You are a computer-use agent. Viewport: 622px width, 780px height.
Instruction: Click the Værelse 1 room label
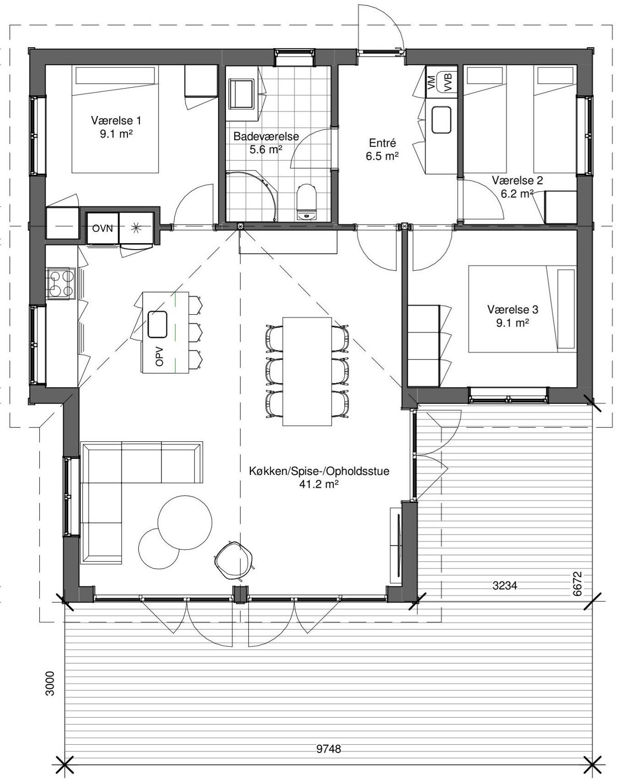point(116,120)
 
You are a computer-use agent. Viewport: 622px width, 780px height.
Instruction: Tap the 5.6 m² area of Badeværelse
point(266,149)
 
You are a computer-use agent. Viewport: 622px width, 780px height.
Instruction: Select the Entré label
point(383,143)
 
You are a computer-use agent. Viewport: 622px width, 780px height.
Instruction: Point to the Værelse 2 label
point(517,180)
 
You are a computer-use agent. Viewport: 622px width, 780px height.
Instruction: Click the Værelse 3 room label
point(513,310)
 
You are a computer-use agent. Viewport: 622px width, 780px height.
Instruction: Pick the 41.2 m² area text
point(319,484)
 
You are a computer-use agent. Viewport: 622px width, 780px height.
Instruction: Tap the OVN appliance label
point(103,228)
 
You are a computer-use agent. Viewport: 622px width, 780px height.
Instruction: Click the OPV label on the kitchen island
point(160,357)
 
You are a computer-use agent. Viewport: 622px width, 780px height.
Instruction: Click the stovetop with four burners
point(61,284)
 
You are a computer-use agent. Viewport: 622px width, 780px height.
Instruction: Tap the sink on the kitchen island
point(158,324)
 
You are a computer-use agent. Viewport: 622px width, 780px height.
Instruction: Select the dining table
point(307,371)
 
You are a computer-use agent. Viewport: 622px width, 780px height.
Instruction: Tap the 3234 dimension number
point(505,586)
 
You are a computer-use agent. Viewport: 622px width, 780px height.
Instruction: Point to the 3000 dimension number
point(50,684)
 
